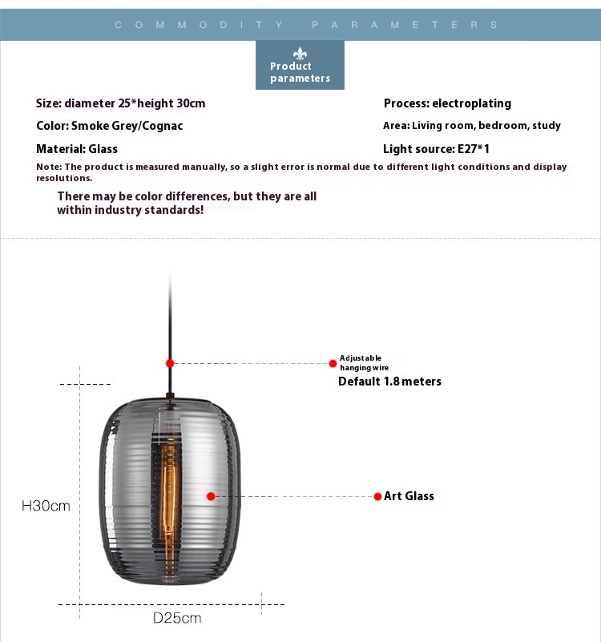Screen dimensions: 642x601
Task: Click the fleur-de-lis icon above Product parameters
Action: coord(300,53)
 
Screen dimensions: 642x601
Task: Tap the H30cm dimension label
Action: coord(46,506)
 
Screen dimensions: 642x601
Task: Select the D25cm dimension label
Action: coord(177,618)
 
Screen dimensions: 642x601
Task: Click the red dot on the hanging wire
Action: coord(170,363)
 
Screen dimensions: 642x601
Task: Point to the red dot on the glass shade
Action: coord(211,496)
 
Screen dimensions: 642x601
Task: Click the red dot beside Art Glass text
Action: coord(377,496)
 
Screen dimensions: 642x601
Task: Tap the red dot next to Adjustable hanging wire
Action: coord(333,363)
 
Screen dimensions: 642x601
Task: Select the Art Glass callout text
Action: coord(409,496)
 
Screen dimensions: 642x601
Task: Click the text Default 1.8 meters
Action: coord(389,382)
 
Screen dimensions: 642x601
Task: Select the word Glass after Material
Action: coord(103,148)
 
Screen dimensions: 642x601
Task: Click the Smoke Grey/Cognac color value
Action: coord(127,126)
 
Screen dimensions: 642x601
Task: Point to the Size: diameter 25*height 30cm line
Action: coord(121,103)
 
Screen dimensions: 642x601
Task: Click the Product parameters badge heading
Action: coord(300,72)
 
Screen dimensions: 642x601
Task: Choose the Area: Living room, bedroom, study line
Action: coord(472,126)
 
